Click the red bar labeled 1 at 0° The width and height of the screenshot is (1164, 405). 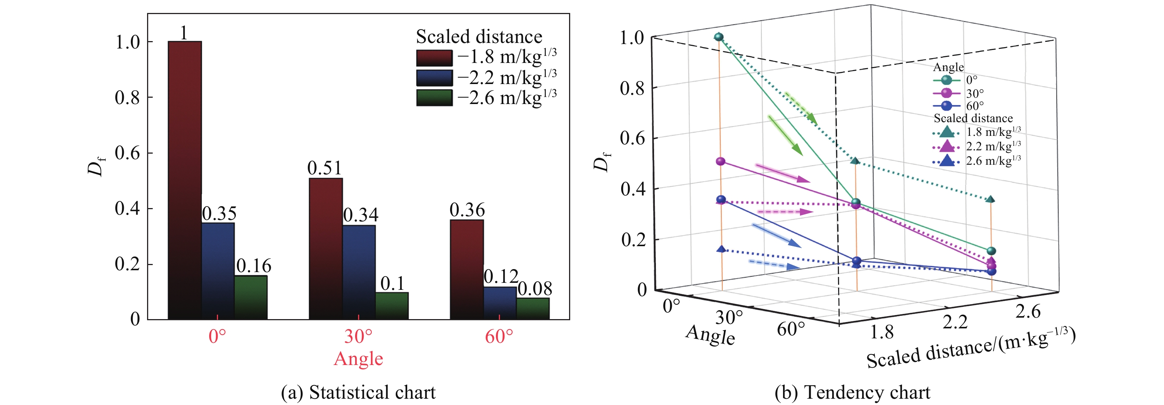(184, 181)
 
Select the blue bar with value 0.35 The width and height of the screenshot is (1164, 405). (218, 271)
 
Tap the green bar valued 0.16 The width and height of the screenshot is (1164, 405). (251, 297)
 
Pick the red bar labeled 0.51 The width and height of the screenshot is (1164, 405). (325, 249)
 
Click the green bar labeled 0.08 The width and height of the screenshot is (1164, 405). (533, 309)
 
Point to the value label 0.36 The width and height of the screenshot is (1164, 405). (467, 210)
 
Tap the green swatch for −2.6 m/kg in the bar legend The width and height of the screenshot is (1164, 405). (434, 98)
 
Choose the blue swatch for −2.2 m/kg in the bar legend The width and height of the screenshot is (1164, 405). (434, 78)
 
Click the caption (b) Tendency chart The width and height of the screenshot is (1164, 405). (852, 392)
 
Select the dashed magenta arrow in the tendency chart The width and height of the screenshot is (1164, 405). (784, 212)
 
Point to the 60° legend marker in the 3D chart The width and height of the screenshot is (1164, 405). (946, 106)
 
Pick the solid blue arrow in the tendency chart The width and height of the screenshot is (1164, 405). (776, 236)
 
